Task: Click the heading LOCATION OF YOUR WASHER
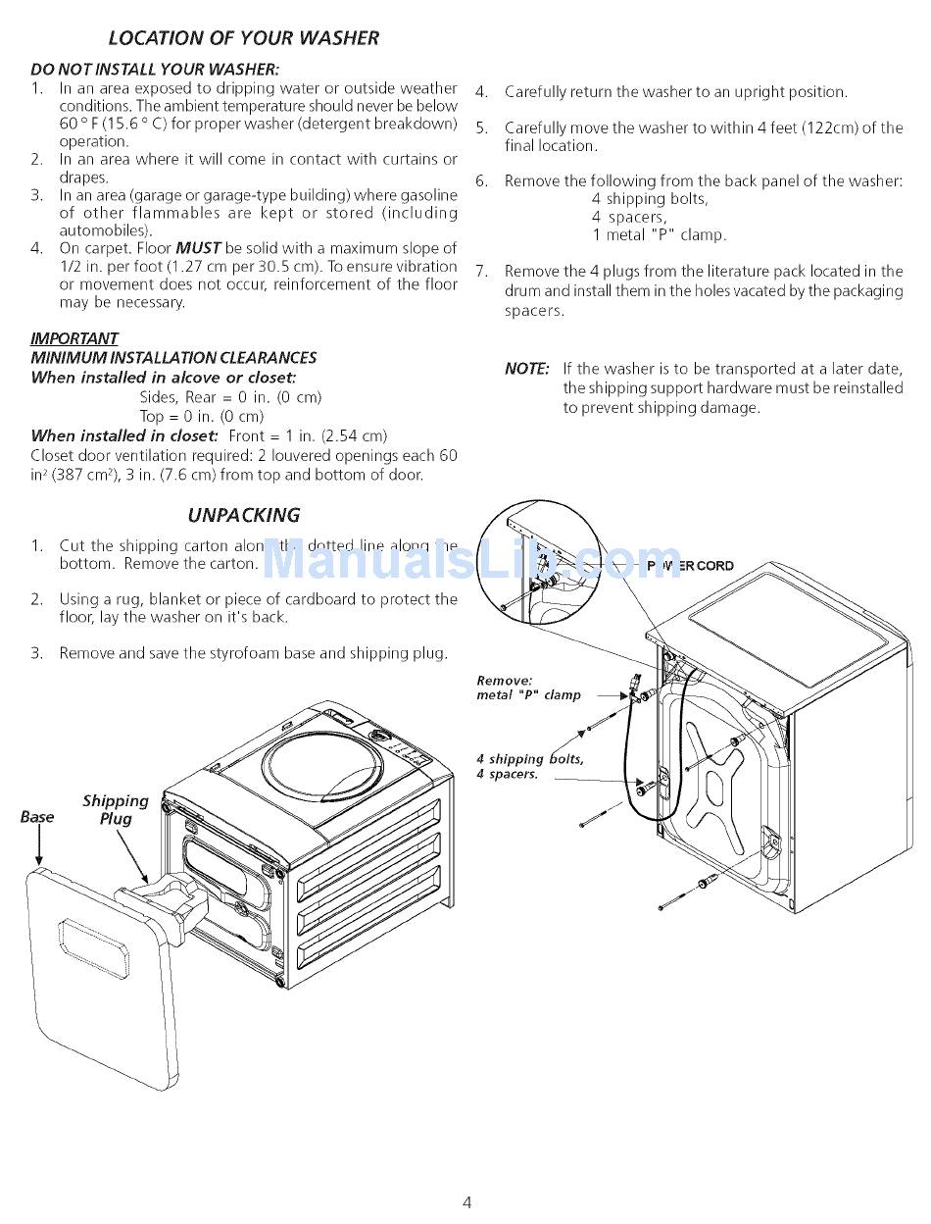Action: coord(243,38)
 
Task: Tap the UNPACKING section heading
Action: coord(243,515)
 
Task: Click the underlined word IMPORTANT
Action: coord(74,338)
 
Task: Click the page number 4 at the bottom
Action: coord(467,1202)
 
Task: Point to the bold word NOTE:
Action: coord(526,369)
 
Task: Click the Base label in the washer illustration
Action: coord(37,816)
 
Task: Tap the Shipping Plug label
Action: coord(116,810)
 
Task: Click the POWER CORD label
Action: coord(691,566)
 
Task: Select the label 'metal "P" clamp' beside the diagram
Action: coord(528,694)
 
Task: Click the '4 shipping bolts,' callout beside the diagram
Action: coord(529,758)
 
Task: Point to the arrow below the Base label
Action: coord(38,846)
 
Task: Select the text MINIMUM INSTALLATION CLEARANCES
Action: coord(173,358)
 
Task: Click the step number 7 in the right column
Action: coord(481,272)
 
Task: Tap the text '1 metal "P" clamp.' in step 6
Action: coord(659,235)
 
